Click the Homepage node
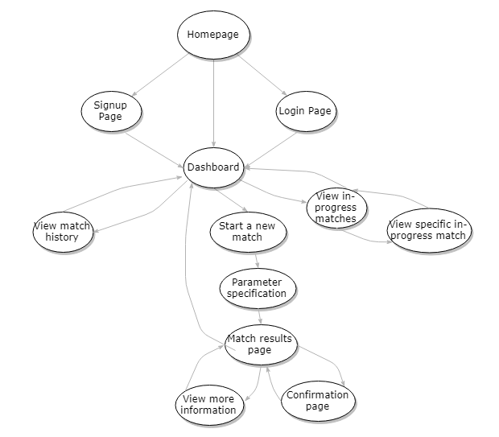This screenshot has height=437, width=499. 213,35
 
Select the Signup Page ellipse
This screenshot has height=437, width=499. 111,111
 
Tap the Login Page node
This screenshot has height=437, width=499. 305,111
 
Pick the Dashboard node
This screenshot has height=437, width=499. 213,167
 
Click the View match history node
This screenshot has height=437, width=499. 63,231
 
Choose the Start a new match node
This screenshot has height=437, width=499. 247,232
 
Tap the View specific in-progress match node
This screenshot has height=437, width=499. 427,230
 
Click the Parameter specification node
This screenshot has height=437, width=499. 258,288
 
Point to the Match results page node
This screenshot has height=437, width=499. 259,344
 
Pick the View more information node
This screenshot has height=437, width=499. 208,405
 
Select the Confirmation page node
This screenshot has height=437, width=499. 318,401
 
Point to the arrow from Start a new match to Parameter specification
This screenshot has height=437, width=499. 256,260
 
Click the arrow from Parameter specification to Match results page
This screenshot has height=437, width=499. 259,315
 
